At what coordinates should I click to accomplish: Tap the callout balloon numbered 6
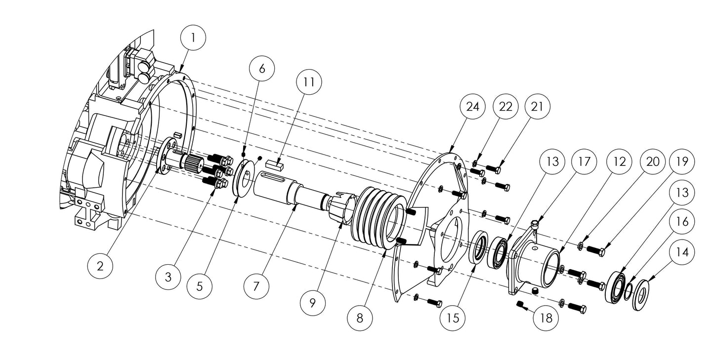click(262, 69)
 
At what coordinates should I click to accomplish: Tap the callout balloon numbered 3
click(168, 277)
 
